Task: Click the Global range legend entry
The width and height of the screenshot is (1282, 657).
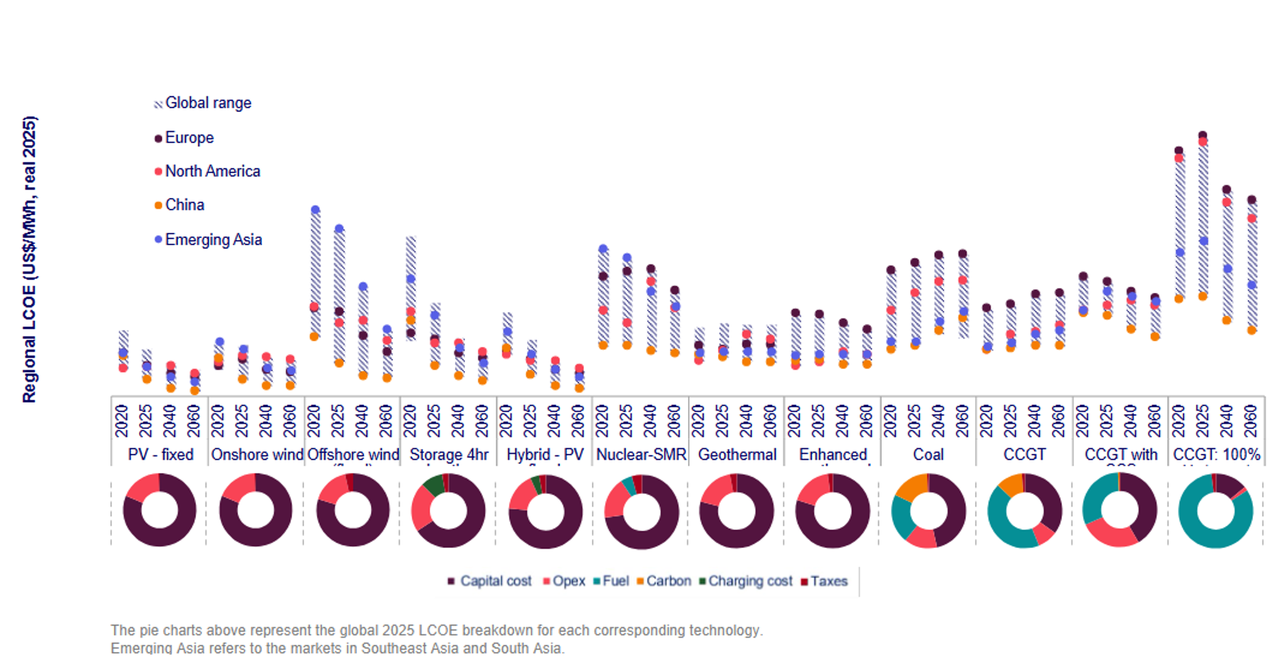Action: [207, 103]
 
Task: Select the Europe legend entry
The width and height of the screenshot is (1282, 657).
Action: [189, 138]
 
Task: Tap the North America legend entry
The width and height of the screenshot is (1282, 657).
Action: [212, 172]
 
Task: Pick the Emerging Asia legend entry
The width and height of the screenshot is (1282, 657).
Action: [213, 240]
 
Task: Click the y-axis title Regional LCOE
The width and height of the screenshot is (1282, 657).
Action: [29, 259]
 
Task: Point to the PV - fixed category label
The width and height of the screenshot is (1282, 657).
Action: [160, 455]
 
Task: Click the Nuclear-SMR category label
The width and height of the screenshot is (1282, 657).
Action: [641, 455]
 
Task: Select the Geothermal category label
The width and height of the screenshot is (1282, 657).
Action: [737, 455]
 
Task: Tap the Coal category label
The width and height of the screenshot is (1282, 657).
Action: [928, 455]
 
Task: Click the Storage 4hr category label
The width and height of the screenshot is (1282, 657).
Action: [449, 455]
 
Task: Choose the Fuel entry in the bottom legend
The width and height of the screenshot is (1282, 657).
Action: [615, 581]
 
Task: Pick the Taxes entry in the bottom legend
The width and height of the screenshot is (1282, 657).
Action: [828, 581]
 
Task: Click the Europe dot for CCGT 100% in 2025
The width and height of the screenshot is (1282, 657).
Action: [1203, 135]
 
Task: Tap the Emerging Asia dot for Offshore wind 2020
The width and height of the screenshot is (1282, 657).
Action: [316, 210]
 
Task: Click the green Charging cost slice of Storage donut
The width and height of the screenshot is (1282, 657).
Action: [433, 485]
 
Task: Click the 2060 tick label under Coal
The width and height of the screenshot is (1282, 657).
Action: [963, 421]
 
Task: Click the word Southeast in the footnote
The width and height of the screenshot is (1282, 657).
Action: [392, 648]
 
